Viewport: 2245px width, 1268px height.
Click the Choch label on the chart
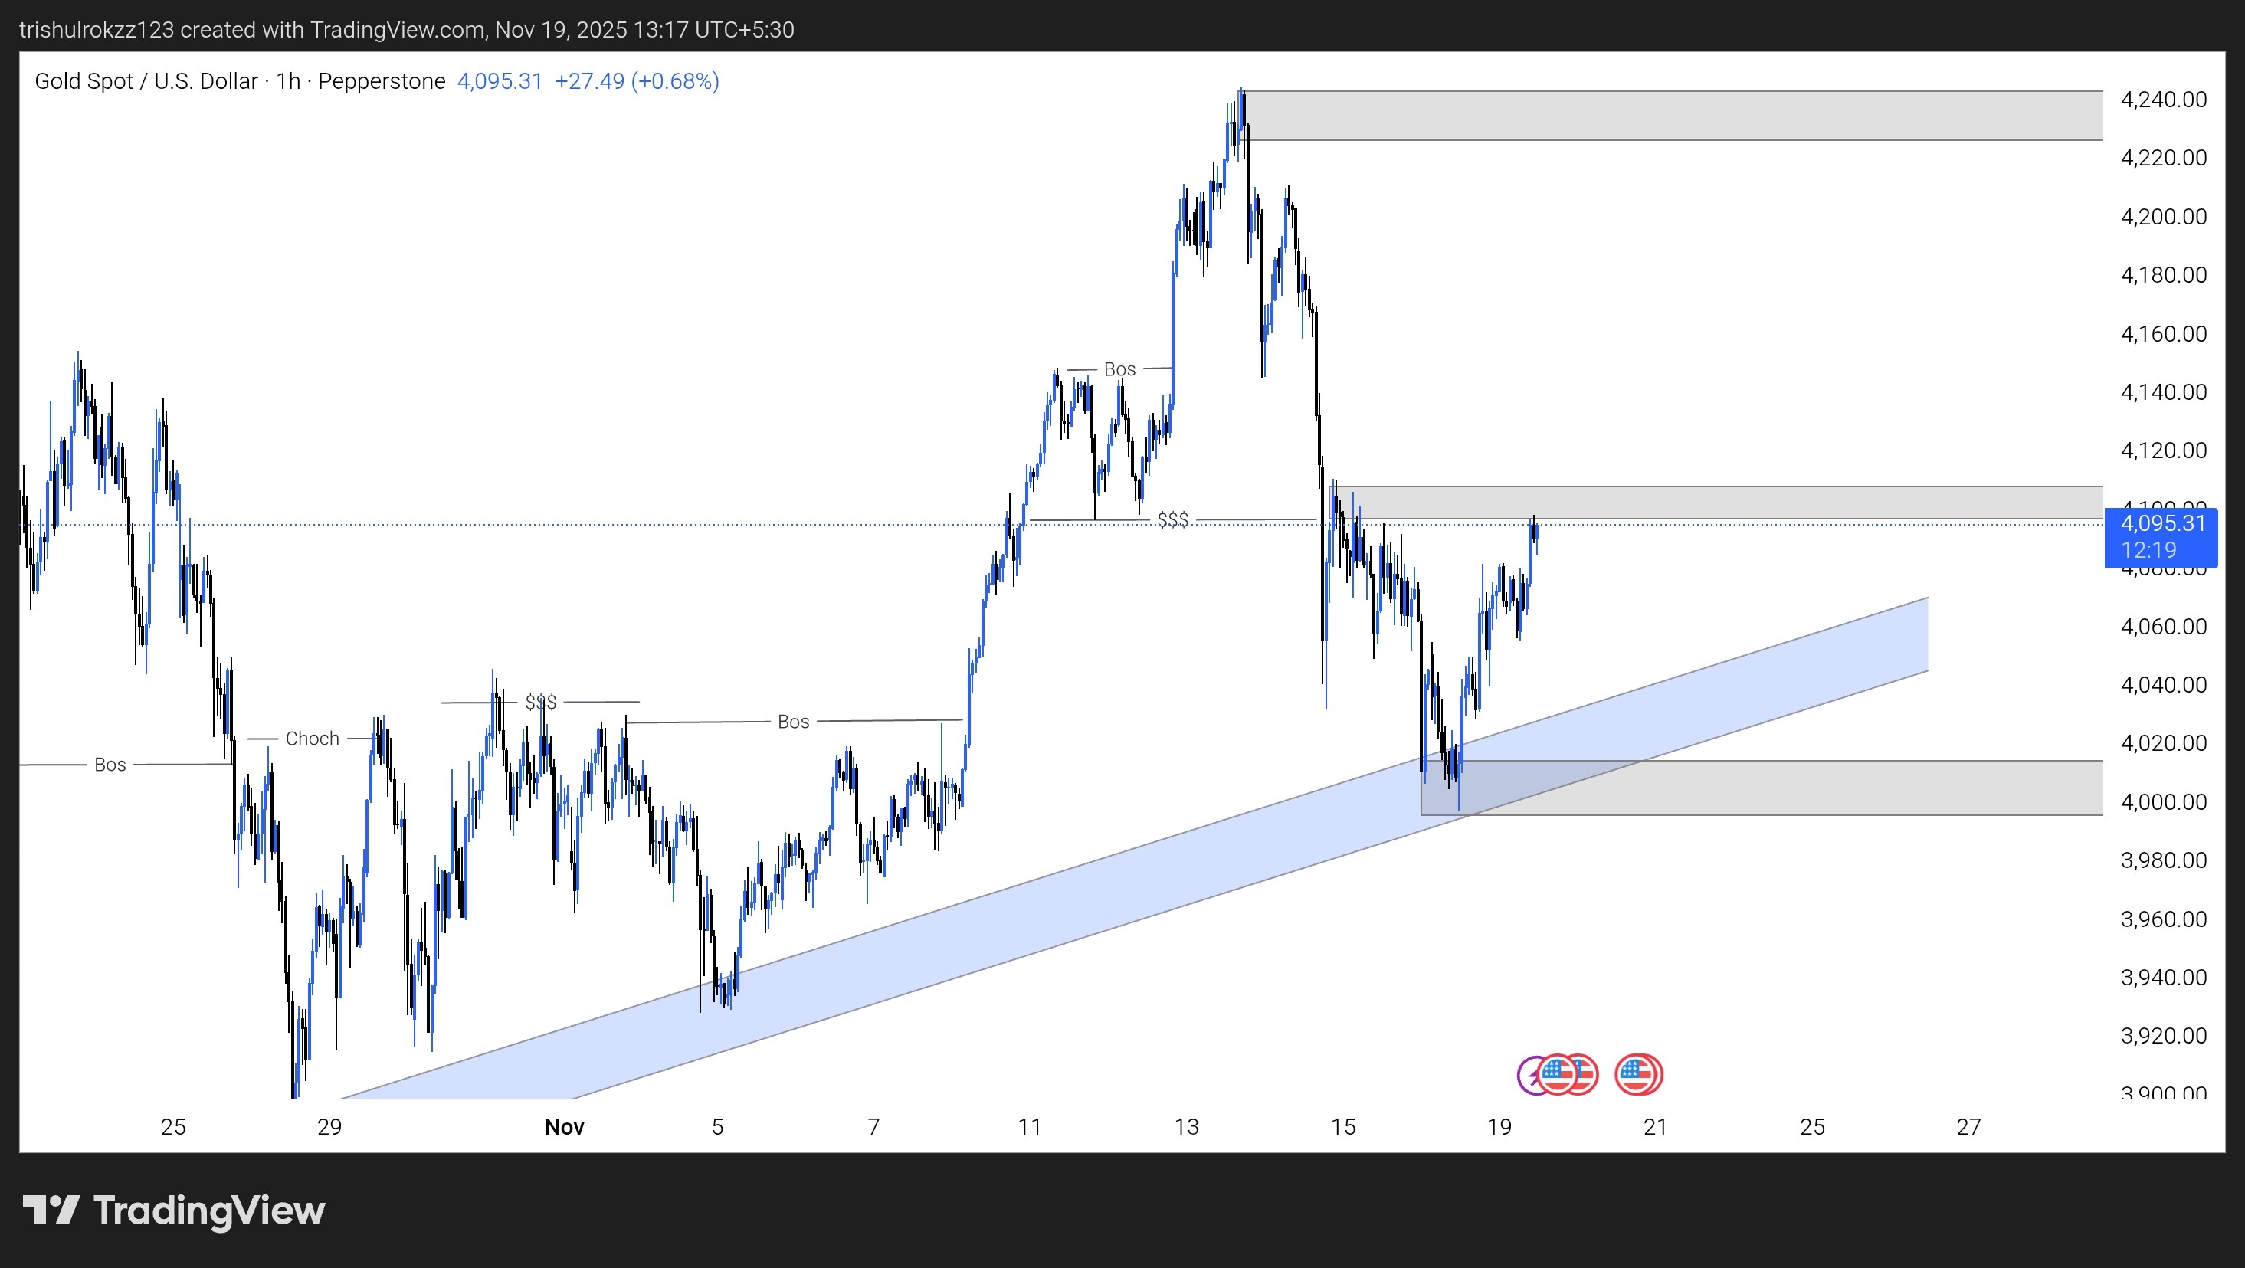click(312, 738)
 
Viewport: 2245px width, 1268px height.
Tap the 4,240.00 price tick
click(2163, 100)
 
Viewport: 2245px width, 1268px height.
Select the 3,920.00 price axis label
click(2163, 1035)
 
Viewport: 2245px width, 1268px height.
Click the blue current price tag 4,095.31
click(2161, 536)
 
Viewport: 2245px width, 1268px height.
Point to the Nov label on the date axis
click(564, 1127)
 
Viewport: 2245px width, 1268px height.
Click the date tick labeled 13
click(1186, 1127)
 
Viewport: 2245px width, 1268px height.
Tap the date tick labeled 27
click(1968, 1127)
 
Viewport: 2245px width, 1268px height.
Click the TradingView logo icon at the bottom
click(51, 1210)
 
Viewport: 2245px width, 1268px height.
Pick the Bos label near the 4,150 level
click(1120, 369)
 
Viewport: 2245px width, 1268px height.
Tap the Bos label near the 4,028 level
click(793, 722)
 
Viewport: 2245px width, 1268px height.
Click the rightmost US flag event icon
click(1638, 1074)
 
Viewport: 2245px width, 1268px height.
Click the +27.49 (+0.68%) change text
click(637, 81)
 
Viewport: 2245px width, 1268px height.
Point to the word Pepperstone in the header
click(382, 81)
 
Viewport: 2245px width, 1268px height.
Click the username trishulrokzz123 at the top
click(97, 30)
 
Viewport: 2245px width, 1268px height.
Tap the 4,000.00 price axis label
click(2163, 801)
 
